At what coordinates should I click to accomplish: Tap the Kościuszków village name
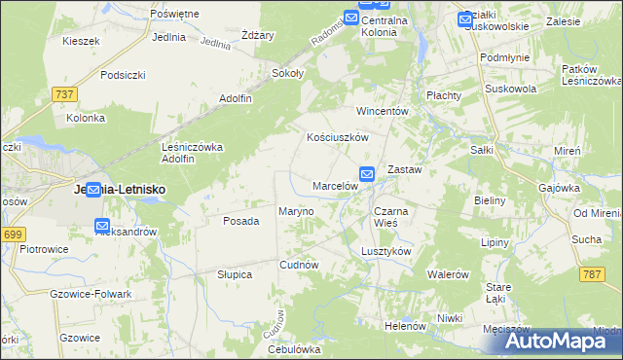click(337, 138)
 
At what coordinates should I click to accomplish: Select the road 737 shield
click(64, 93)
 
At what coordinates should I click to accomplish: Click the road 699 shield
click(13, 234)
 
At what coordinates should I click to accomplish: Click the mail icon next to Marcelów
click(367, 174)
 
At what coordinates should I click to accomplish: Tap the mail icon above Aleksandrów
click(102, 226)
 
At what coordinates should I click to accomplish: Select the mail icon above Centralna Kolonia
click(350, 17)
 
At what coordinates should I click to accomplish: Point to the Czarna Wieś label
click(392, 216)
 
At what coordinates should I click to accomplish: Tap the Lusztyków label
click(386, 250)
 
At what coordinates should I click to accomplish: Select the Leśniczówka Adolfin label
click(192, 153)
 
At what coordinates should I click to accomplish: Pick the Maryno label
click(296, 211)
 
